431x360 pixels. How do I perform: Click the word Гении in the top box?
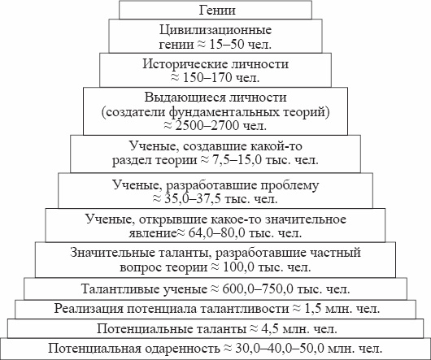(x=217, y=11)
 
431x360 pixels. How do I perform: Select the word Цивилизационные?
(x=215, y=30)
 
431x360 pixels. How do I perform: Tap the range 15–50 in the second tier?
(x=227, y=44)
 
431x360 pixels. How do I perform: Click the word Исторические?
(x=185, y=64)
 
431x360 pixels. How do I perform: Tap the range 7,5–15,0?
(x=236, y=160)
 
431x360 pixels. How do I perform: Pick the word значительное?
(x=306, y=219)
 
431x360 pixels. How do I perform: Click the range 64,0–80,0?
(x=217, y=233)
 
